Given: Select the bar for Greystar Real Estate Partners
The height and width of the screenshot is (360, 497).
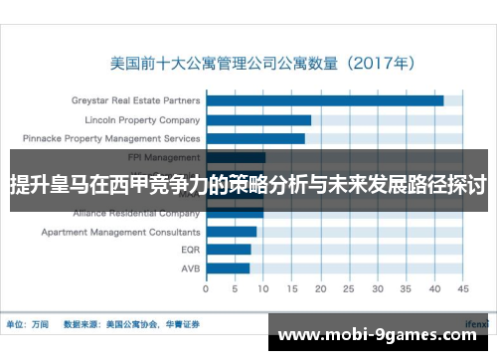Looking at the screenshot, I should tap(325, 100).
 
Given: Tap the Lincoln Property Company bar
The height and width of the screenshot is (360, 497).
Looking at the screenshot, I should tap(259, 119).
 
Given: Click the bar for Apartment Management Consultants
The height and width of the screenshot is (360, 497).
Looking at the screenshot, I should tap(232, 232).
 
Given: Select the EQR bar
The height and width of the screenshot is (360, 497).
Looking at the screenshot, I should tap(229, 250).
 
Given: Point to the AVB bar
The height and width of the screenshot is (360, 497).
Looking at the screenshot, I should tap(228, 269).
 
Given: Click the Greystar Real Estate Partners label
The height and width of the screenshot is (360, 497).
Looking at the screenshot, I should tap(135, 100).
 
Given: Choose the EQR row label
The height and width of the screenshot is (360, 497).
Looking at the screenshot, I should tap(190, 250).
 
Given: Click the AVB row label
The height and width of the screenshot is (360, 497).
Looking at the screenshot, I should tap(190, 269).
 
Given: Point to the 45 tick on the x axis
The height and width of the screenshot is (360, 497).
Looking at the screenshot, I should tap(462, 289).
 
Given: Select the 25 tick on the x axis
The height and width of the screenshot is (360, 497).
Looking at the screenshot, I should tap(349, 289).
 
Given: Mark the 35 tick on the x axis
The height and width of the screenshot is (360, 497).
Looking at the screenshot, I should tap(406, 289).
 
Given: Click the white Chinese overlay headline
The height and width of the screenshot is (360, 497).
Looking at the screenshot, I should tap(248, 185).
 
